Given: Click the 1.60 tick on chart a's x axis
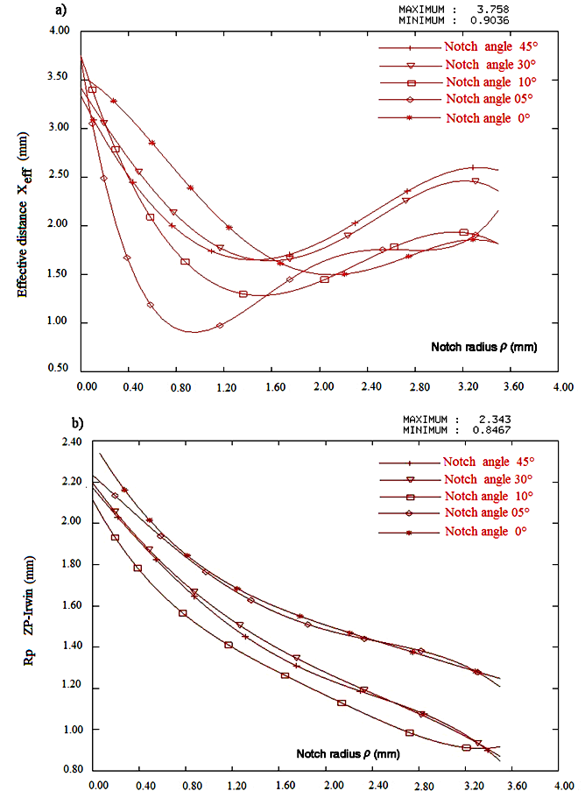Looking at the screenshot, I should [x=275, y=386].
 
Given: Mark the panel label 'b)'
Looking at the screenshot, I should [x=78, y=423].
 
